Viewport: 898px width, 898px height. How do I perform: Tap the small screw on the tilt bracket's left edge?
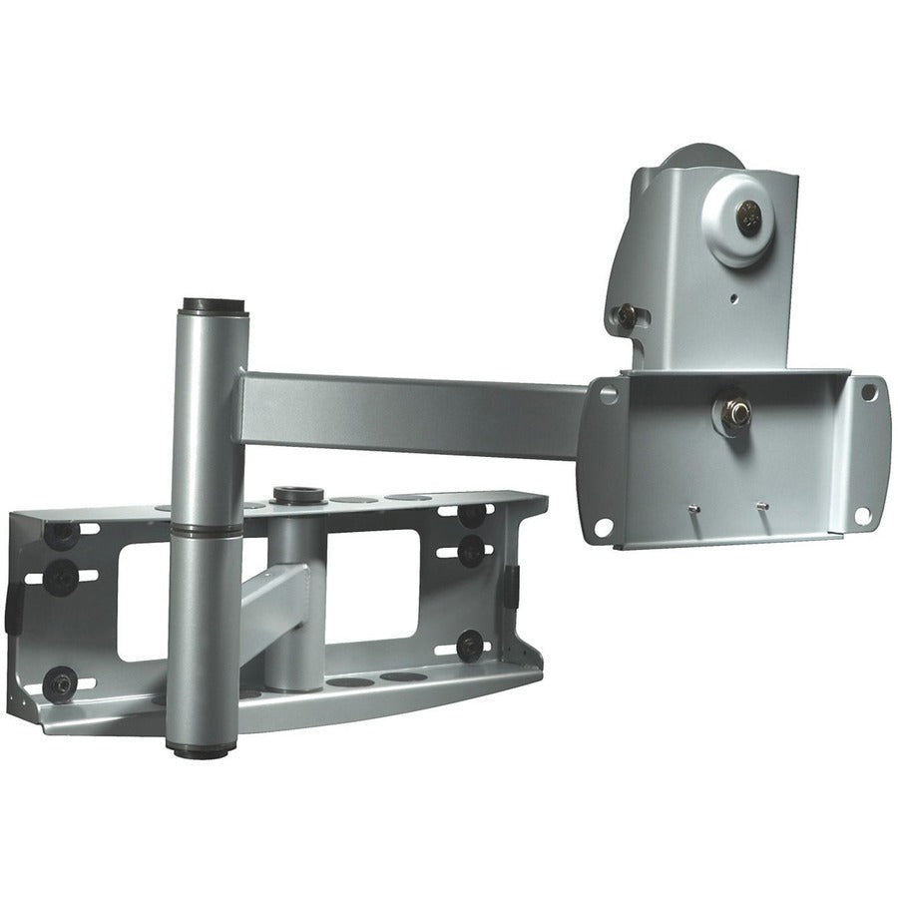click(626, 316)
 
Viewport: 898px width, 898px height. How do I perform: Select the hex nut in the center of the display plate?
click(733, 412)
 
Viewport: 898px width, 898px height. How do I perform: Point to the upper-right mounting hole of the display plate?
click(870, 393)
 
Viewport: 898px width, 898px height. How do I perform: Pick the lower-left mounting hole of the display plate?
click(604, 527)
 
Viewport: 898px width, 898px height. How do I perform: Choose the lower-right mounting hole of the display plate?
click(862, 515)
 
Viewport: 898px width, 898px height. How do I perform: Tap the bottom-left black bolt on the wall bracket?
click(59, 683)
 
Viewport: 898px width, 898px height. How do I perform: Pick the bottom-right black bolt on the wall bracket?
click(469, 644)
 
